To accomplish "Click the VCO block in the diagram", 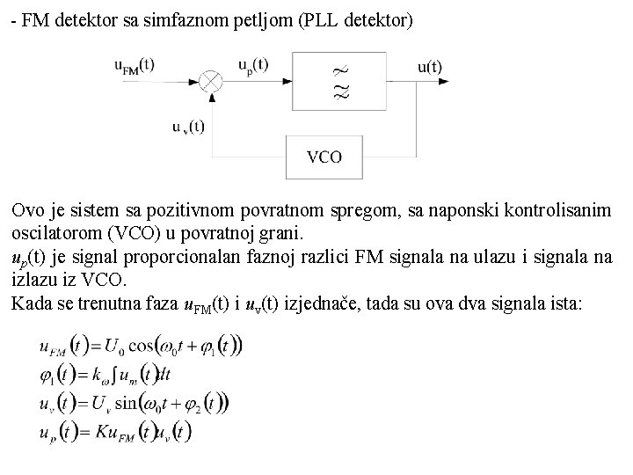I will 324,158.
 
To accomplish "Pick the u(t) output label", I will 429,66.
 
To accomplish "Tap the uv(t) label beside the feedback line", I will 188,127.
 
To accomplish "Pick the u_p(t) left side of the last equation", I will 58,433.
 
